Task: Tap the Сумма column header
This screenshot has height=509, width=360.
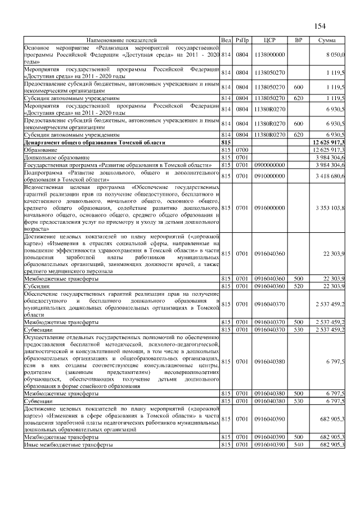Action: (x=327, y=40)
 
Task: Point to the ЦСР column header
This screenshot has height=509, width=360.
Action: (x=268, y=40)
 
